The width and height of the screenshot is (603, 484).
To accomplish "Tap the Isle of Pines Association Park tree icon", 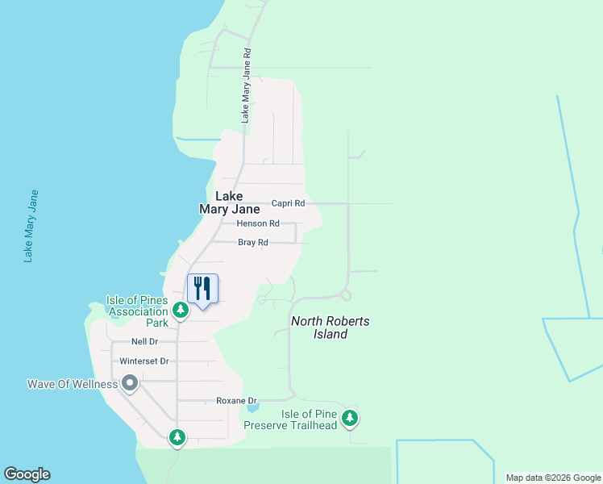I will (181, 310).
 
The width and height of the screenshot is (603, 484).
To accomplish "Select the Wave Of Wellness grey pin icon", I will (130, 384).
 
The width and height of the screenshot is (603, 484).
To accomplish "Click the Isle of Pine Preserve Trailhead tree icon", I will (349, 418).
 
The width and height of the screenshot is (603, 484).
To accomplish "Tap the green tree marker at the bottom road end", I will (177, 438).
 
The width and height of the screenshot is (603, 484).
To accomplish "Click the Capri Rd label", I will (288, 203).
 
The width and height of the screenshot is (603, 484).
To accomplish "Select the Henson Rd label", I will (258, 223).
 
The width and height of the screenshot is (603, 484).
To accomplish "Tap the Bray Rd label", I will (252, 242).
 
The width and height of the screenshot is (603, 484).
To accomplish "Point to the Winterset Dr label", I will (143, 361).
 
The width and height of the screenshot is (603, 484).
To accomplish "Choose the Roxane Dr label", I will (236, 400).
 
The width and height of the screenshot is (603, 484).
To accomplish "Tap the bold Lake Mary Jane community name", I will (230, 202).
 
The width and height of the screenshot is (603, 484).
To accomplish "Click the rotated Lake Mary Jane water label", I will (31, 227).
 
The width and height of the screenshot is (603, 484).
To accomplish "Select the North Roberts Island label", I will (331, 328).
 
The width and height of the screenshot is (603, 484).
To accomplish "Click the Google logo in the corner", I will (27, 474).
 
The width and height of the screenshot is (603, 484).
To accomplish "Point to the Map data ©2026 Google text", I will (552, 478).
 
